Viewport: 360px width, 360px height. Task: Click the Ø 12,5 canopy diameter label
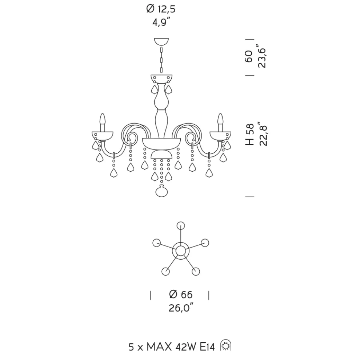click(x=161, y=9)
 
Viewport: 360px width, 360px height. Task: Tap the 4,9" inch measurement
click(x=161, y=23)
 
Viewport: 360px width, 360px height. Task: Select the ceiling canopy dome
click(x=161, y=41)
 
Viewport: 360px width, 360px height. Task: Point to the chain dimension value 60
click(x=249, y=56)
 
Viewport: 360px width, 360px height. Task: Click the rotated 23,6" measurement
click(x=262, y=56)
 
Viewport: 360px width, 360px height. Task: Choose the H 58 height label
click(x=249, y=134)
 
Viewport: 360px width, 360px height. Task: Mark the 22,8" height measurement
click(x=263, y=134)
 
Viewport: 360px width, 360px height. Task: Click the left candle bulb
click(x=103, y=119)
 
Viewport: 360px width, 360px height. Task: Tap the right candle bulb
click(x=220, y=119)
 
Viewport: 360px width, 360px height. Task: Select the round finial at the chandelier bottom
click(x=161, y=191)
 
